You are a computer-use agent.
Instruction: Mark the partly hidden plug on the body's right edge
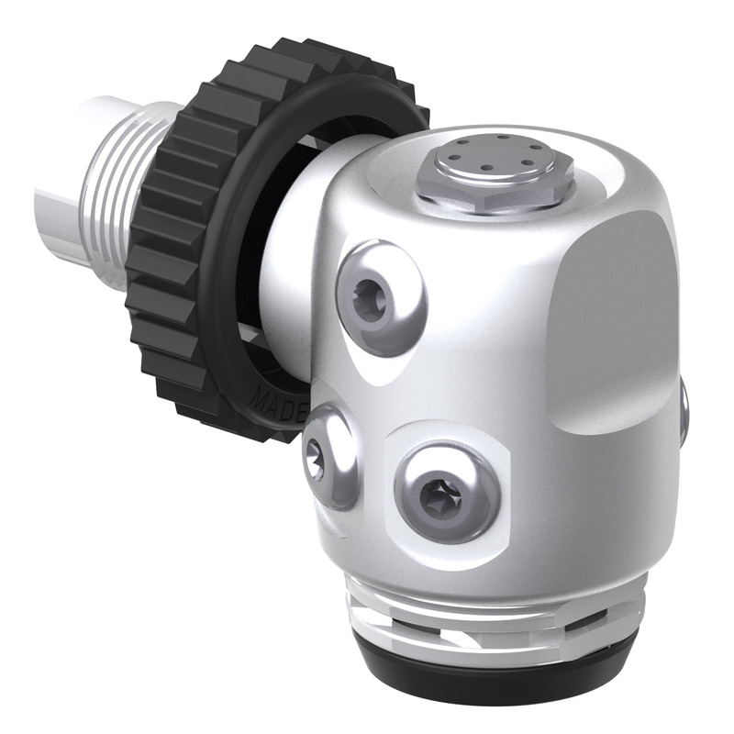click(684, 409)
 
